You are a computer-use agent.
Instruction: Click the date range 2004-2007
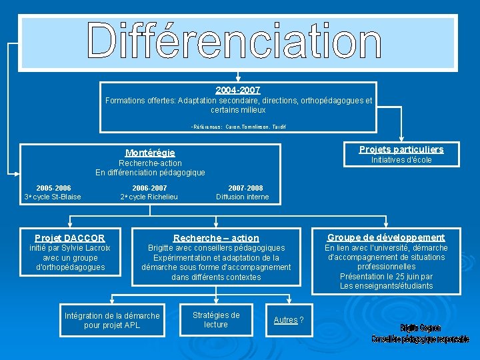(x=238, y=90)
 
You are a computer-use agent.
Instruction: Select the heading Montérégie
(x=150, y=153)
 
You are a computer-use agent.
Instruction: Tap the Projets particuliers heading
(x=401, y=149)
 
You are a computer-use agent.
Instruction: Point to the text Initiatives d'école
(x=401, y=160)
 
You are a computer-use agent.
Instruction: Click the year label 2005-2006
(x=53, y=188)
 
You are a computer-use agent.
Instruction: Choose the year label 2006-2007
(x=149, y=188)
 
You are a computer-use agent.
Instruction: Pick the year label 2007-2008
(x=245, y=188)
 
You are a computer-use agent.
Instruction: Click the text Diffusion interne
(x=243, y=197)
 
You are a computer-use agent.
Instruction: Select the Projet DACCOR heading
(x=70, y=238)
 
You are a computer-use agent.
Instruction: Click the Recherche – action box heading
(x=216, y=238)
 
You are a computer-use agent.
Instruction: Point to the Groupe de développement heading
(x=386, y=237)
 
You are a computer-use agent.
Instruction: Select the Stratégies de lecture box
(x=216, y=319)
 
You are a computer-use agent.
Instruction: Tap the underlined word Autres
(x=285, y=320)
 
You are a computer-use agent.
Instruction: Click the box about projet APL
(x=112, y=320)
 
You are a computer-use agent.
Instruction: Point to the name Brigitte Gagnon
(x=420, y=328)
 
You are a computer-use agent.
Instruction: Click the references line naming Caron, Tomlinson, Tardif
(x=238, y=126)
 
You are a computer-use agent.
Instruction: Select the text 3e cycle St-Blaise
(x=53, y=197)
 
